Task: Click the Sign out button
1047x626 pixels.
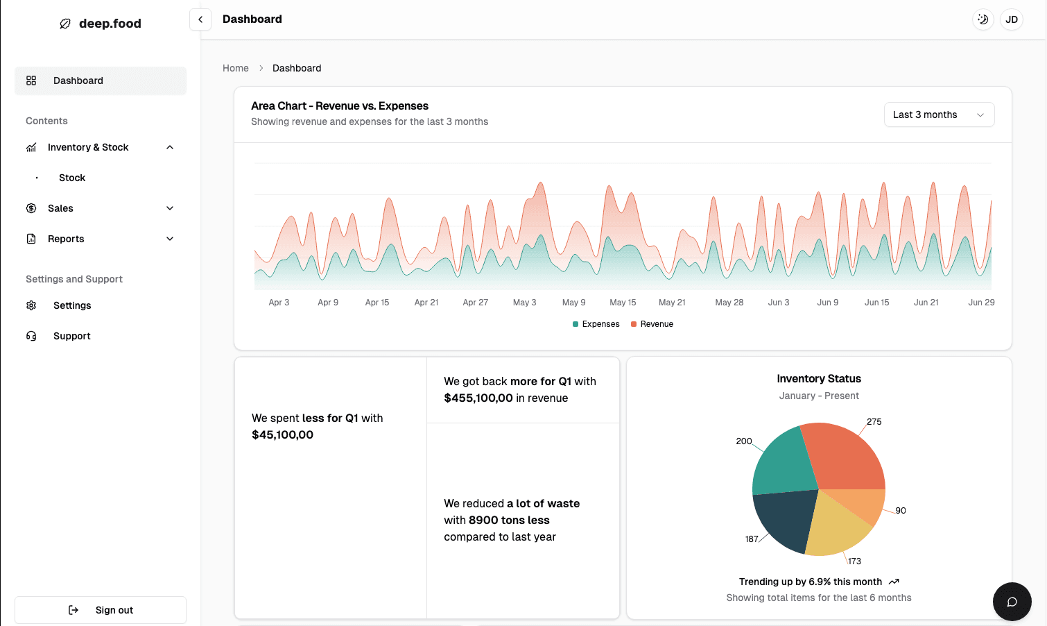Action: (101, 610)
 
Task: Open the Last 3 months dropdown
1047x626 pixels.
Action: (939, 115)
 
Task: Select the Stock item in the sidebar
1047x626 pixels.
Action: (72, 178)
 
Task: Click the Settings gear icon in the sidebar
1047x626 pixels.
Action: (31, 305)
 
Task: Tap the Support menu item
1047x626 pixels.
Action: (72, 336)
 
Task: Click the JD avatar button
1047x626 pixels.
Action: (1012, 19)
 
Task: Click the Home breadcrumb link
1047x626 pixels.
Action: (236, 68)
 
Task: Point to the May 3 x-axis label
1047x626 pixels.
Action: (524, 303)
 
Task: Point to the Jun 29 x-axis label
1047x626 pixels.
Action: (981, 303)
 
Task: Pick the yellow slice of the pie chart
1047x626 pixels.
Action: (836, 527)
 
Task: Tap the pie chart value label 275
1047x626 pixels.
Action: (874, 422)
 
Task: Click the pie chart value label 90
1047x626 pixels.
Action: (901, 511)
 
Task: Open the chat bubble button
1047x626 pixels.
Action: (1012, 602)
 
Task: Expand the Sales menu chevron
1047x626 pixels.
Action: (170, 208)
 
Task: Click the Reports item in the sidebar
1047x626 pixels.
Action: (66, 239)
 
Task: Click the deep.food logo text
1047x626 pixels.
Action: (110, 24)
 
